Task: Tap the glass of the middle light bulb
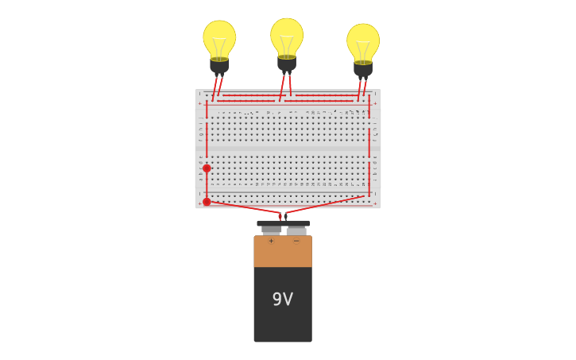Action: click(x=287, y=34)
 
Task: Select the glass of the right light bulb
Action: click(x=363, y=40)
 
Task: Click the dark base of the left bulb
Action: click(x=219, y=65)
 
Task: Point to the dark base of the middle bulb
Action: click(x=287, y=63)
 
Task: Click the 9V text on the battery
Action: click(x=283, y=300)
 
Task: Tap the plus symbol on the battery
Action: click(x=271, y=241)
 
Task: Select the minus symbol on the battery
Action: click(x=296, y=241)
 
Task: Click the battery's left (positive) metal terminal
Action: click(x=272, y=230)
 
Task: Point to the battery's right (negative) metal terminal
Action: click(x=296, y=230)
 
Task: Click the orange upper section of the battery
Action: click(x=283, y=253)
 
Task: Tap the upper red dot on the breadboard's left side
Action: click(x=207, y=168)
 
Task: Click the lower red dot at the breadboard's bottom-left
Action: click(x=207, y=202)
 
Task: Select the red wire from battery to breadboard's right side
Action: click(x=326, y=204)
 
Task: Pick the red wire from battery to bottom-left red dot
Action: click(x=242, y=207)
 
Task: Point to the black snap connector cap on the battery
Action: click(x=284, y=223)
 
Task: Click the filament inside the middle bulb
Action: click(x=287, y=44)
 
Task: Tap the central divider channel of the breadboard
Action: click(x=288, y=149)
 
